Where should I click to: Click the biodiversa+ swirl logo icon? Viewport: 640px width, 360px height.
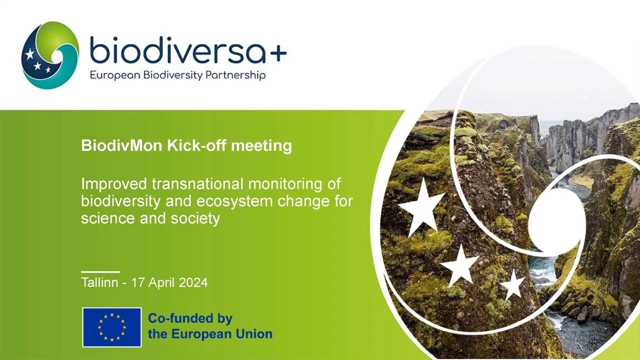(50, 55)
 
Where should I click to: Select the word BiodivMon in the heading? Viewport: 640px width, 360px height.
(122, 145)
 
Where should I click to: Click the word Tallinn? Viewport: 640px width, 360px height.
(99, 282)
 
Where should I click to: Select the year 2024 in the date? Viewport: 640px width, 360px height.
(193, 282)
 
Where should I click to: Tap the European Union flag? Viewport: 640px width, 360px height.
(112, 327)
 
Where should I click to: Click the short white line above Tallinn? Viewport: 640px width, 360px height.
(100, 271)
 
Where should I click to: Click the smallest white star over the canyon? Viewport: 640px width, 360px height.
(513, 285)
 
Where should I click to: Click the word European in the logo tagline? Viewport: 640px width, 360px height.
(115, 75)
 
